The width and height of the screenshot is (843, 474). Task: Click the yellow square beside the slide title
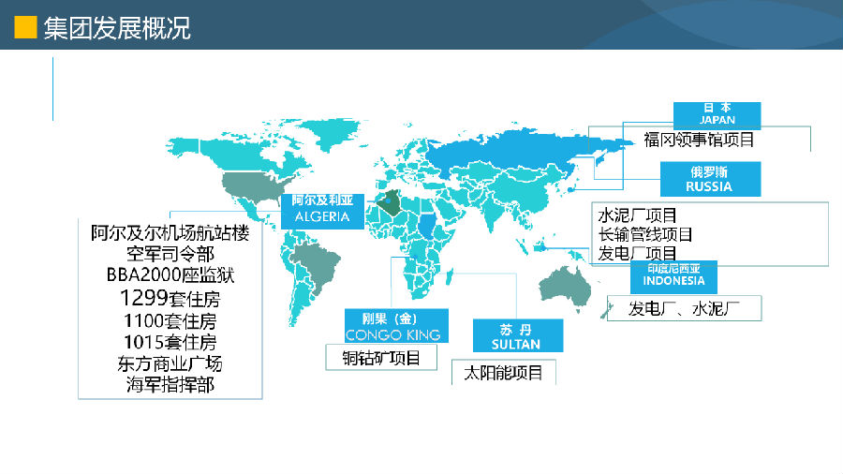click(25, 27)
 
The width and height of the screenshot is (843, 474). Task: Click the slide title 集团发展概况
click(117, 28)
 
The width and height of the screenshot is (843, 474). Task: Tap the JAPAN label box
click(717, 115)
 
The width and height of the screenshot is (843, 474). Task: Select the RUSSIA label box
click(710, 179)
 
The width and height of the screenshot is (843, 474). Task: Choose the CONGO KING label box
click(396, 326)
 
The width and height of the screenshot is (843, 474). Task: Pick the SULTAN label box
click(518, 336)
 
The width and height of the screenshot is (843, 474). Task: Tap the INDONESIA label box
click(673, 276)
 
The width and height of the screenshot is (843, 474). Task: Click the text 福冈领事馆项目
click(699, 140)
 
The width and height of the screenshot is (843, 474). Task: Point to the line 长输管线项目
click(645, 234)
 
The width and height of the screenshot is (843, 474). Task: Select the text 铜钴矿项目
click(381, 358)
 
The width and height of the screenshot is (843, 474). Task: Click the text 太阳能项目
click(503, 373)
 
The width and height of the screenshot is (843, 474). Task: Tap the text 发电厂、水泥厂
click(684, 308)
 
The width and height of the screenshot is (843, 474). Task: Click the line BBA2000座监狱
click(170, 274)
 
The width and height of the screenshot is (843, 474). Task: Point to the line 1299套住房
click(170, 298)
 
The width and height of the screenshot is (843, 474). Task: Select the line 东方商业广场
click(170, 363)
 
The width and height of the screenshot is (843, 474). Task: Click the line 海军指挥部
click(170, 385)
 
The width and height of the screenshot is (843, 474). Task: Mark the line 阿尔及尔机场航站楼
click(170, 232)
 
